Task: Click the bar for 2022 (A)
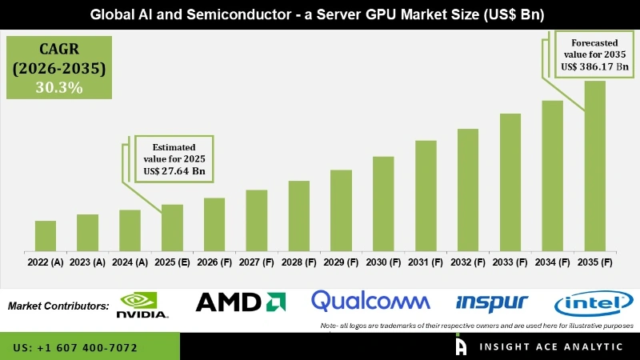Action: pyautogui.click(x=46, y=236)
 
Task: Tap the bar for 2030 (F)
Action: pyautogui.click(x=383, y=204)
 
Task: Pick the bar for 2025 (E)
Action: pyautogui.click(x=172, y=228)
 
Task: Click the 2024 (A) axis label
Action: pyautogui.click(x=130, y=262)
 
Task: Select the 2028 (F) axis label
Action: pyautogui.click(x=298, y=262)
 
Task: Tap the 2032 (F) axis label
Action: pyautogui.click(x=468, y=262)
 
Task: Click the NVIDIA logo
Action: pyautogui.click(x=143, y=305)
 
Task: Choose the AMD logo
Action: pyautogui.click(x=241, y=302)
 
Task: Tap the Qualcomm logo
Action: pyautogui.click(x=370, y=302)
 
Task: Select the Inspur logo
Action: pyautogui.click(x=491, y=302)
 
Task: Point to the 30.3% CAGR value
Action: pyautogui.click(x=58, y=87)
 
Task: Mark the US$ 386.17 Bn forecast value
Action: pyautogui.click(x=593, y=67)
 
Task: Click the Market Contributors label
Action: pyautogui.click(x=58, y=306)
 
